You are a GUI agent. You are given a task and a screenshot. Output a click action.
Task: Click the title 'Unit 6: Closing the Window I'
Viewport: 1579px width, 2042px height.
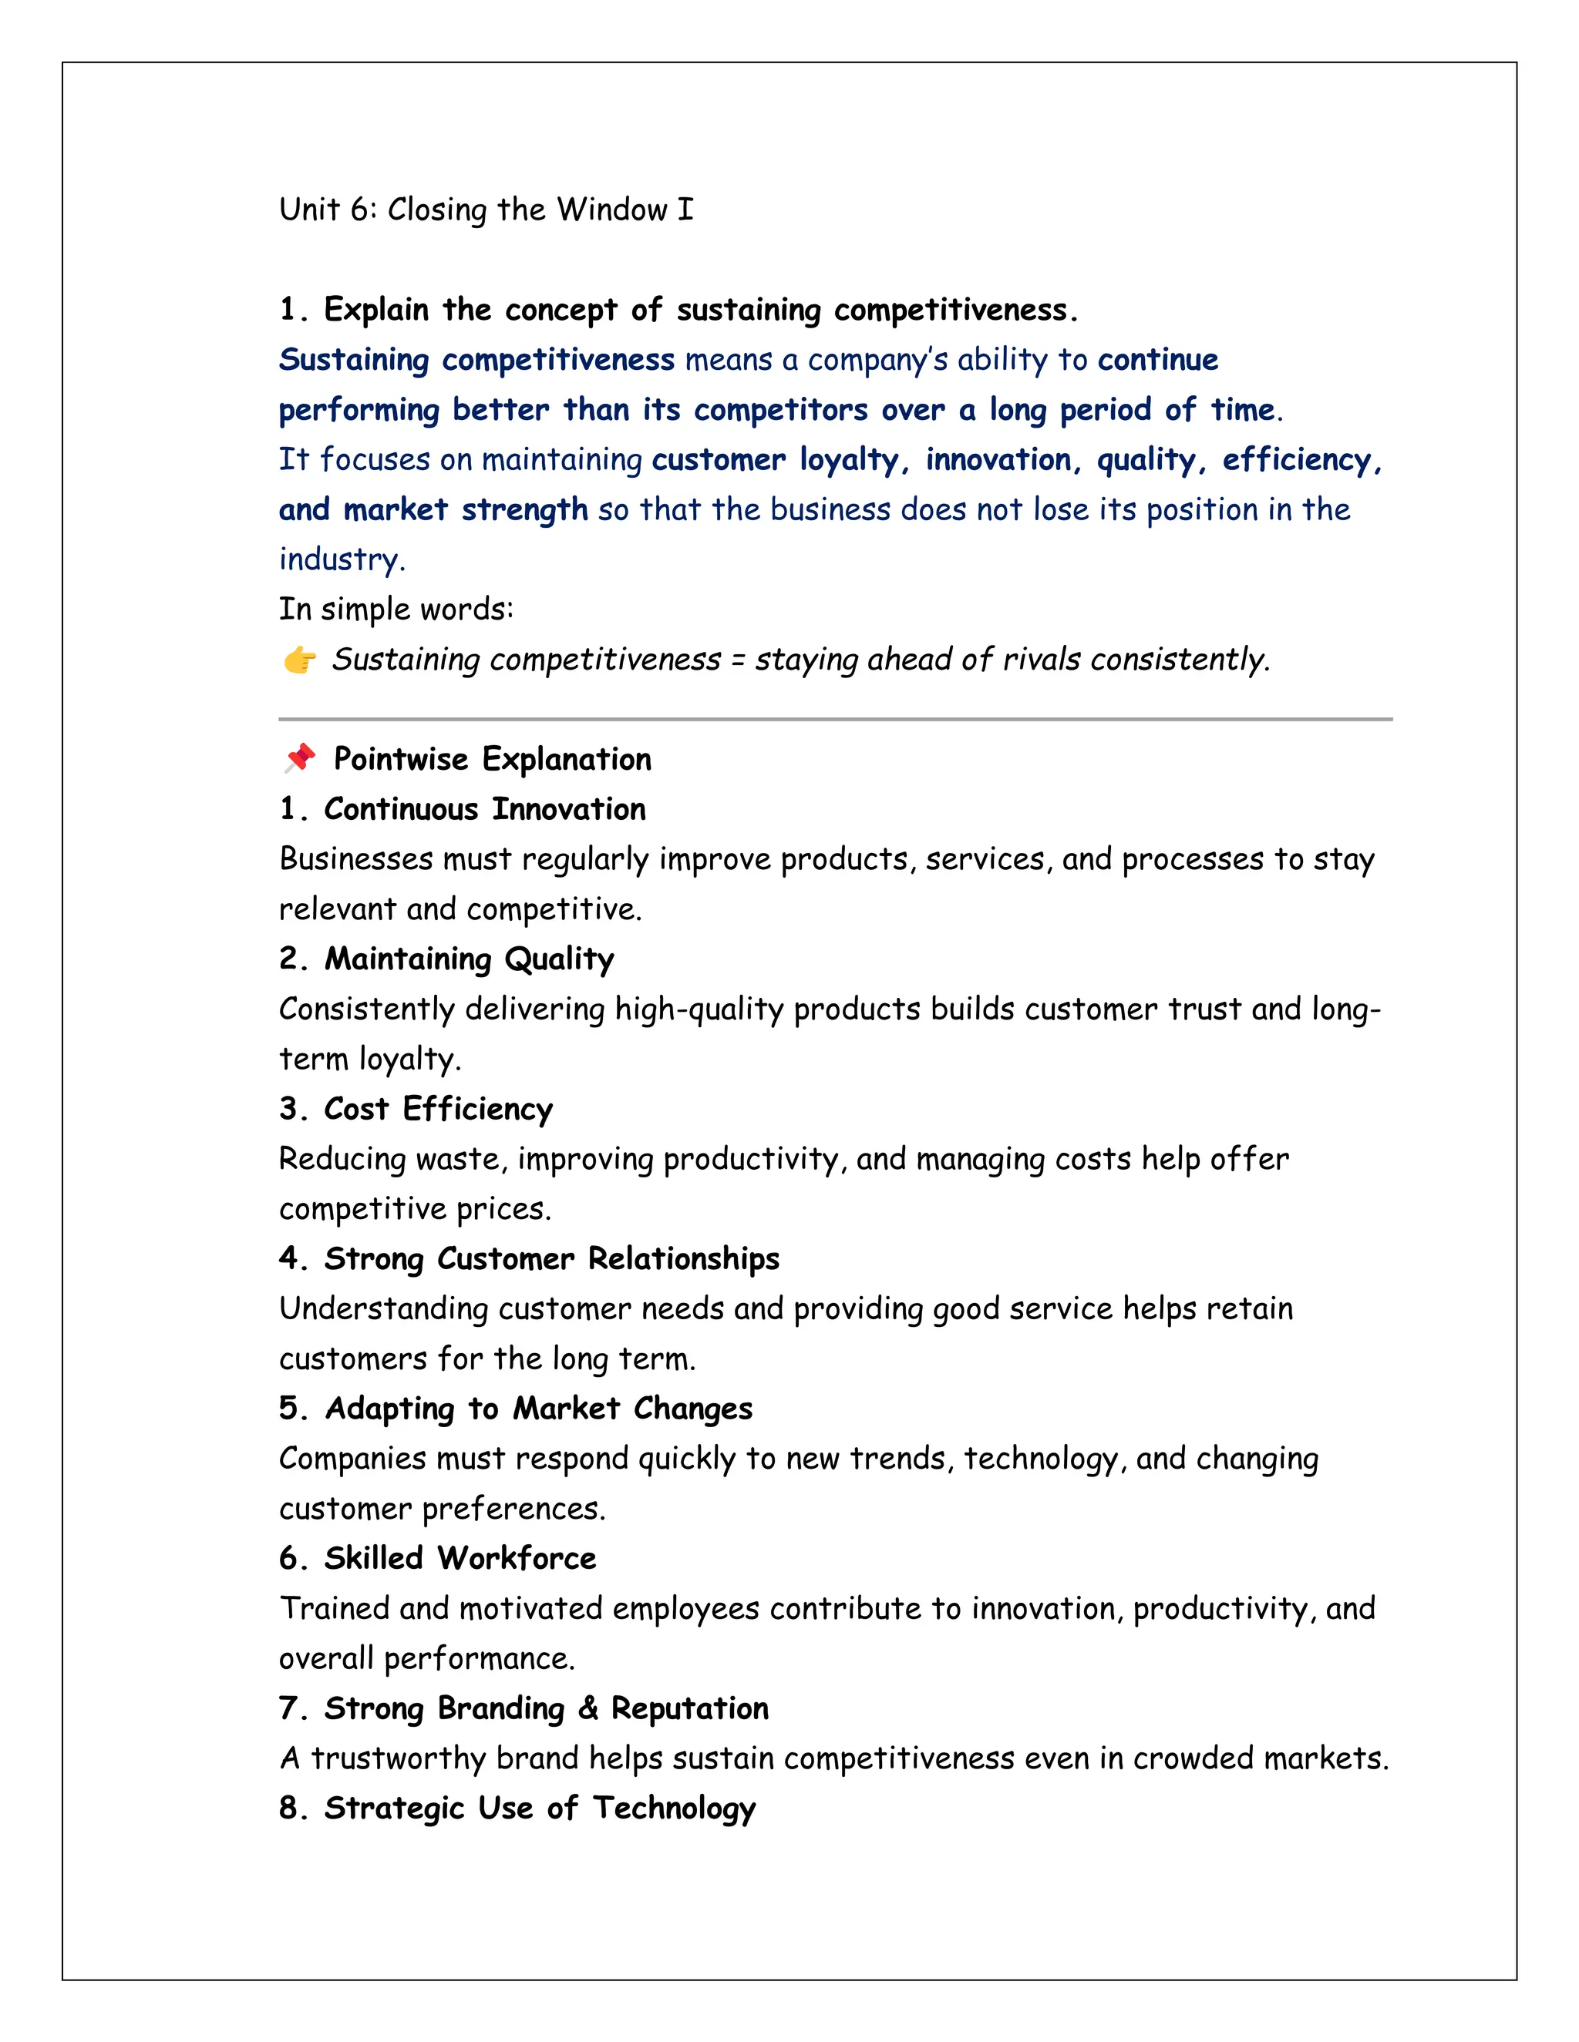(x=486, y=210)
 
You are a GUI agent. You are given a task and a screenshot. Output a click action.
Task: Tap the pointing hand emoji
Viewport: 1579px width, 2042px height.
(x=299, y=660)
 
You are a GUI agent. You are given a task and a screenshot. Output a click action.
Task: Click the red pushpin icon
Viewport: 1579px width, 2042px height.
(x=299, y=757)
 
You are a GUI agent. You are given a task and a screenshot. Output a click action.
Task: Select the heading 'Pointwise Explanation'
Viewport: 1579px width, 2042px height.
(x=492, y=759)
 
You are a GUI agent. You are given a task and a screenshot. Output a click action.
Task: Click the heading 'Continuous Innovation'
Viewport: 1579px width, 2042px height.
(x=484, y=809)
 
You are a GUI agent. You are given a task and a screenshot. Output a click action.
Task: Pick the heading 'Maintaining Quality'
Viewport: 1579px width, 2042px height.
(x=469, y=959)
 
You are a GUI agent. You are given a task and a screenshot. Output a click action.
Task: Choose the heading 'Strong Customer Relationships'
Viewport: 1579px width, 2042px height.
(x=551, y=1258)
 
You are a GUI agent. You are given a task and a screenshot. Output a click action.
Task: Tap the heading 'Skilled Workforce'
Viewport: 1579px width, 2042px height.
(x=460, y=1559)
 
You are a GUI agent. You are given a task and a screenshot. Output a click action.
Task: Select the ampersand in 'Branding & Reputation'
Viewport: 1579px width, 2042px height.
(x=587, y=1708)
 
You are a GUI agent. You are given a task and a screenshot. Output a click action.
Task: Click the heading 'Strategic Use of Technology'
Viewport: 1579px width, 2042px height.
(x=539, y=1809)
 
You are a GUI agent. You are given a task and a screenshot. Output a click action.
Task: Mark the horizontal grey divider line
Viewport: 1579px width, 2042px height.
(x=834, y=719)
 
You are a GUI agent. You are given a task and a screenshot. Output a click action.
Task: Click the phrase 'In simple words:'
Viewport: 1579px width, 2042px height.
(x=396, y=610)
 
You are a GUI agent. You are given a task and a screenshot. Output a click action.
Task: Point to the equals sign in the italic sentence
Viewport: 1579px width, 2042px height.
(x=737, y=660)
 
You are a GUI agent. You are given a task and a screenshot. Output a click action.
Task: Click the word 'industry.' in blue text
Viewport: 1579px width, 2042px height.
(x=342, y=559)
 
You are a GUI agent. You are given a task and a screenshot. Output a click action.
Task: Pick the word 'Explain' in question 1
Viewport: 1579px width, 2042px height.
(x=376, y=310)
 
